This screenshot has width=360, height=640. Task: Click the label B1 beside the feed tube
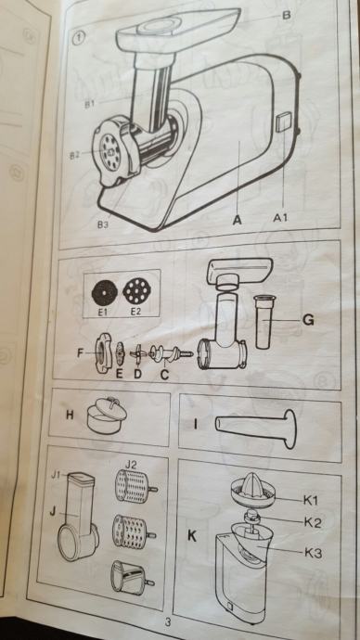pos(89,104)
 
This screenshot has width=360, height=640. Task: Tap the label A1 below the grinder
pos(280,218)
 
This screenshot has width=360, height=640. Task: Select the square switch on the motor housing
pos(283,122)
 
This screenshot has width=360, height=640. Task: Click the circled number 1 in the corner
pos(78,38)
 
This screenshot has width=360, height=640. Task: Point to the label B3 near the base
pos(103,224)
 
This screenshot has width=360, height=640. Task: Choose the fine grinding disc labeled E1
pos(105,293)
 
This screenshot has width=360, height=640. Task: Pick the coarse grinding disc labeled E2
pos(136,291)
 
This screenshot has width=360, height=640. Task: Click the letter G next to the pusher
pos(308,320)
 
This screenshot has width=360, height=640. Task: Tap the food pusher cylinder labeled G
pos(264,322)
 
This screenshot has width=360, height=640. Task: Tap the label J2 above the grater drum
pos(131,464)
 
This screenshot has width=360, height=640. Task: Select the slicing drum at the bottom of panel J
pos(133,576)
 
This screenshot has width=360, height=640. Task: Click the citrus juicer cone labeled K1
pos(252,490)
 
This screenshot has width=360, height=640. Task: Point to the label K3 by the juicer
pos(313,553)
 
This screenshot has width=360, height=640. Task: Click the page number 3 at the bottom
pos(167,622)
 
